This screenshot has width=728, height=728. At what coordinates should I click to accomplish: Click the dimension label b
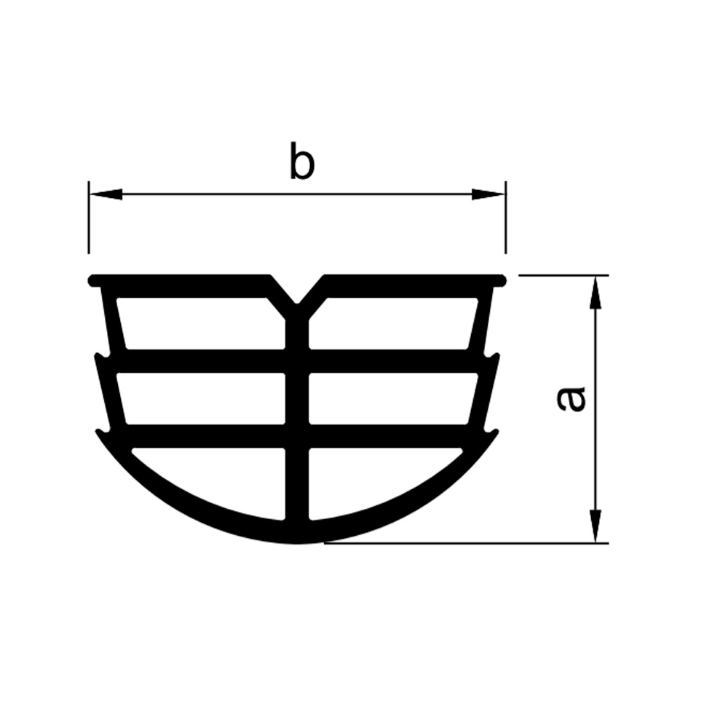(x=302, y=161)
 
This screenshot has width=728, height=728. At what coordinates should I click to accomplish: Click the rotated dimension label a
(x=571, y=399)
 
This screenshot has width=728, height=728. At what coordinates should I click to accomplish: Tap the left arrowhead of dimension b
(x=106, y=194)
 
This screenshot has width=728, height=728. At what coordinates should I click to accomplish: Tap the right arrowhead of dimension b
(x=488, y=194)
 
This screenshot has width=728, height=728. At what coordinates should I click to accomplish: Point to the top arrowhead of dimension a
(x=596, y=293)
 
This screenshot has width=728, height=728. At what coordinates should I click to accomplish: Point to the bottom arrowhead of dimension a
(x=596, y=526)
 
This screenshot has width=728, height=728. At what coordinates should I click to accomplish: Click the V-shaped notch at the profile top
(x=297, y=290)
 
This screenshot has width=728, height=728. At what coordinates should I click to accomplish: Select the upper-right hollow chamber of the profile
(x=394, y=323)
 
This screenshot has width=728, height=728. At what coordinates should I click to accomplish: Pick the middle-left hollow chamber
(x=201, y=398)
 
